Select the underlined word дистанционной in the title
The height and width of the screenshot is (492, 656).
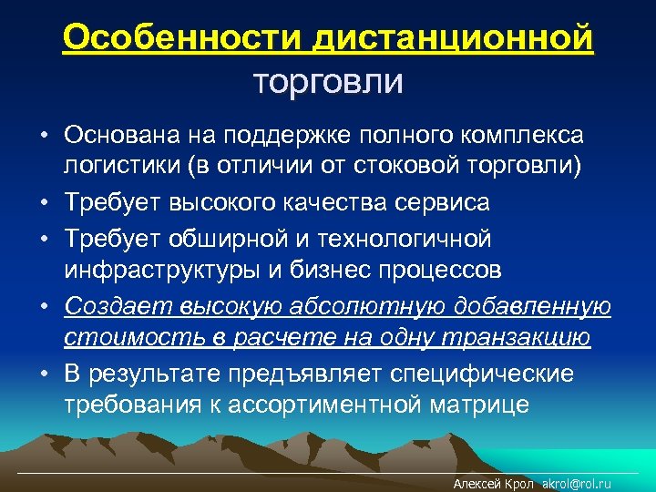click(x=453, y=39)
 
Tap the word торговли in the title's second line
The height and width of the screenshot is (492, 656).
click(x=327, y=82)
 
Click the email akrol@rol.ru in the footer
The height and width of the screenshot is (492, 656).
click(x=575, y=484)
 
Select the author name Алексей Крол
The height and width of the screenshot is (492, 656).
click(x=493, y=484)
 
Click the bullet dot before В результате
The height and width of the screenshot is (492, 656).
click(x=44, y=373)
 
